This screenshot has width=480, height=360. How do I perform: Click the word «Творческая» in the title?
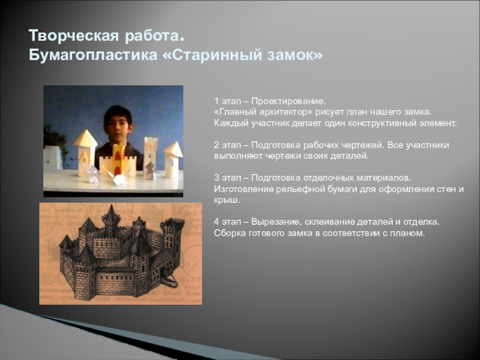[x=74, y=36]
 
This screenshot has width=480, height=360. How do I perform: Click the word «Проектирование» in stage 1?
[x=288, y=101]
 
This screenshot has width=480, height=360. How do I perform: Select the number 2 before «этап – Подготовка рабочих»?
[x=217, y=145]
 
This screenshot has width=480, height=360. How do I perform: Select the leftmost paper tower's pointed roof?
[x=86, y=139]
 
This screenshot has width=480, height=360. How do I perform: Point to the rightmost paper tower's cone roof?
[x=173, y=149]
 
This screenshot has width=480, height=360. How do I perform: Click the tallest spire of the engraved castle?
[x=112, y=213]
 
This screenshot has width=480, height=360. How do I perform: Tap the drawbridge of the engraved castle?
[x=169, y=281]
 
